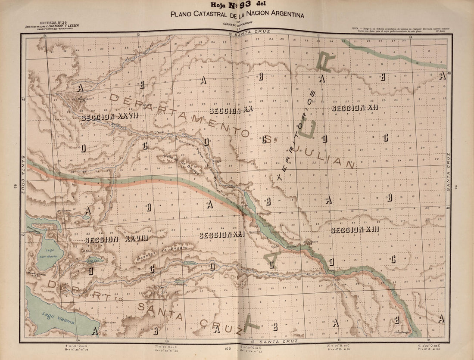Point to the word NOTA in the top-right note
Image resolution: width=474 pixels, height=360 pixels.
356,28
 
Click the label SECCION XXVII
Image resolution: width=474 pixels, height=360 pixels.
109,116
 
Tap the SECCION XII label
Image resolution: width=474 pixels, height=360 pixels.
354,108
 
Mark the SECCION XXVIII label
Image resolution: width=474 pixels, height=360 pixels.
116,239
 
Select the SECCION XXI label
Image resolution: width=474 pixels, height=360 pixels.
222,235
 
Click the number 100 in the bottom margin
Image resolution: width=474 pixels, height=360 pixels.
228,349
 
